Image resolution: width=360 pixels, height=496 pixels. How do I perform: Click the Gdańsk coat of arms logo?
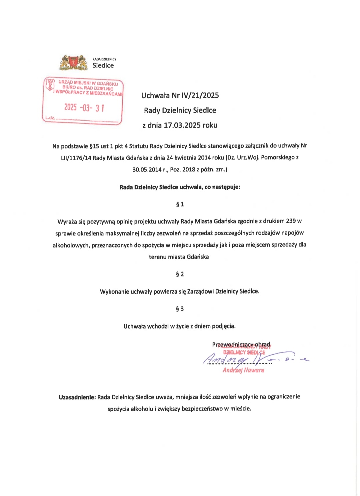[x=74, y=62]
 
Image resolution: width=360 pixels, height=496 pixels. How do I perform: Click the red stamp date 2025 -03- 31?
[x=84, y=108]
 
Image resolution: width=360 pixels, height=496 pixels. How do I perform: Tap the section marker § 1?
[x=180, y=204]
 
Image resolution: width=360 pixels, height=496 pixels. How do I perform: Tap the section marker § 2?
[x=180, y=274]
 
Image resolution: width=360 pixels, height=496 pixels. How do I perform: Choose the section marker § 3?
[x=180, y=309]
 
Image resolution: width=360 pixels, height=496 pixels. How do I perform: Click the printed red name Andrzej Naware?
[x=243, y=370]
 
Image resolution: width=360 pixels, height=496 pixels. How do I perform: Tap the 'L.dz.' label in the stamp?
[x=50, y=118]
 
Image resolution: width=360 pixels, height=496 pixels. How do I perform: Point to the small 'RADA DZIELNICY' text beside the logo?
[x=104, y=59]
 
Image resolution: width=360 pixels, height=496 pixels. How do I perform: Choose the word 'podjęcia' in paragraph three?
[x=224, y=326]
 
